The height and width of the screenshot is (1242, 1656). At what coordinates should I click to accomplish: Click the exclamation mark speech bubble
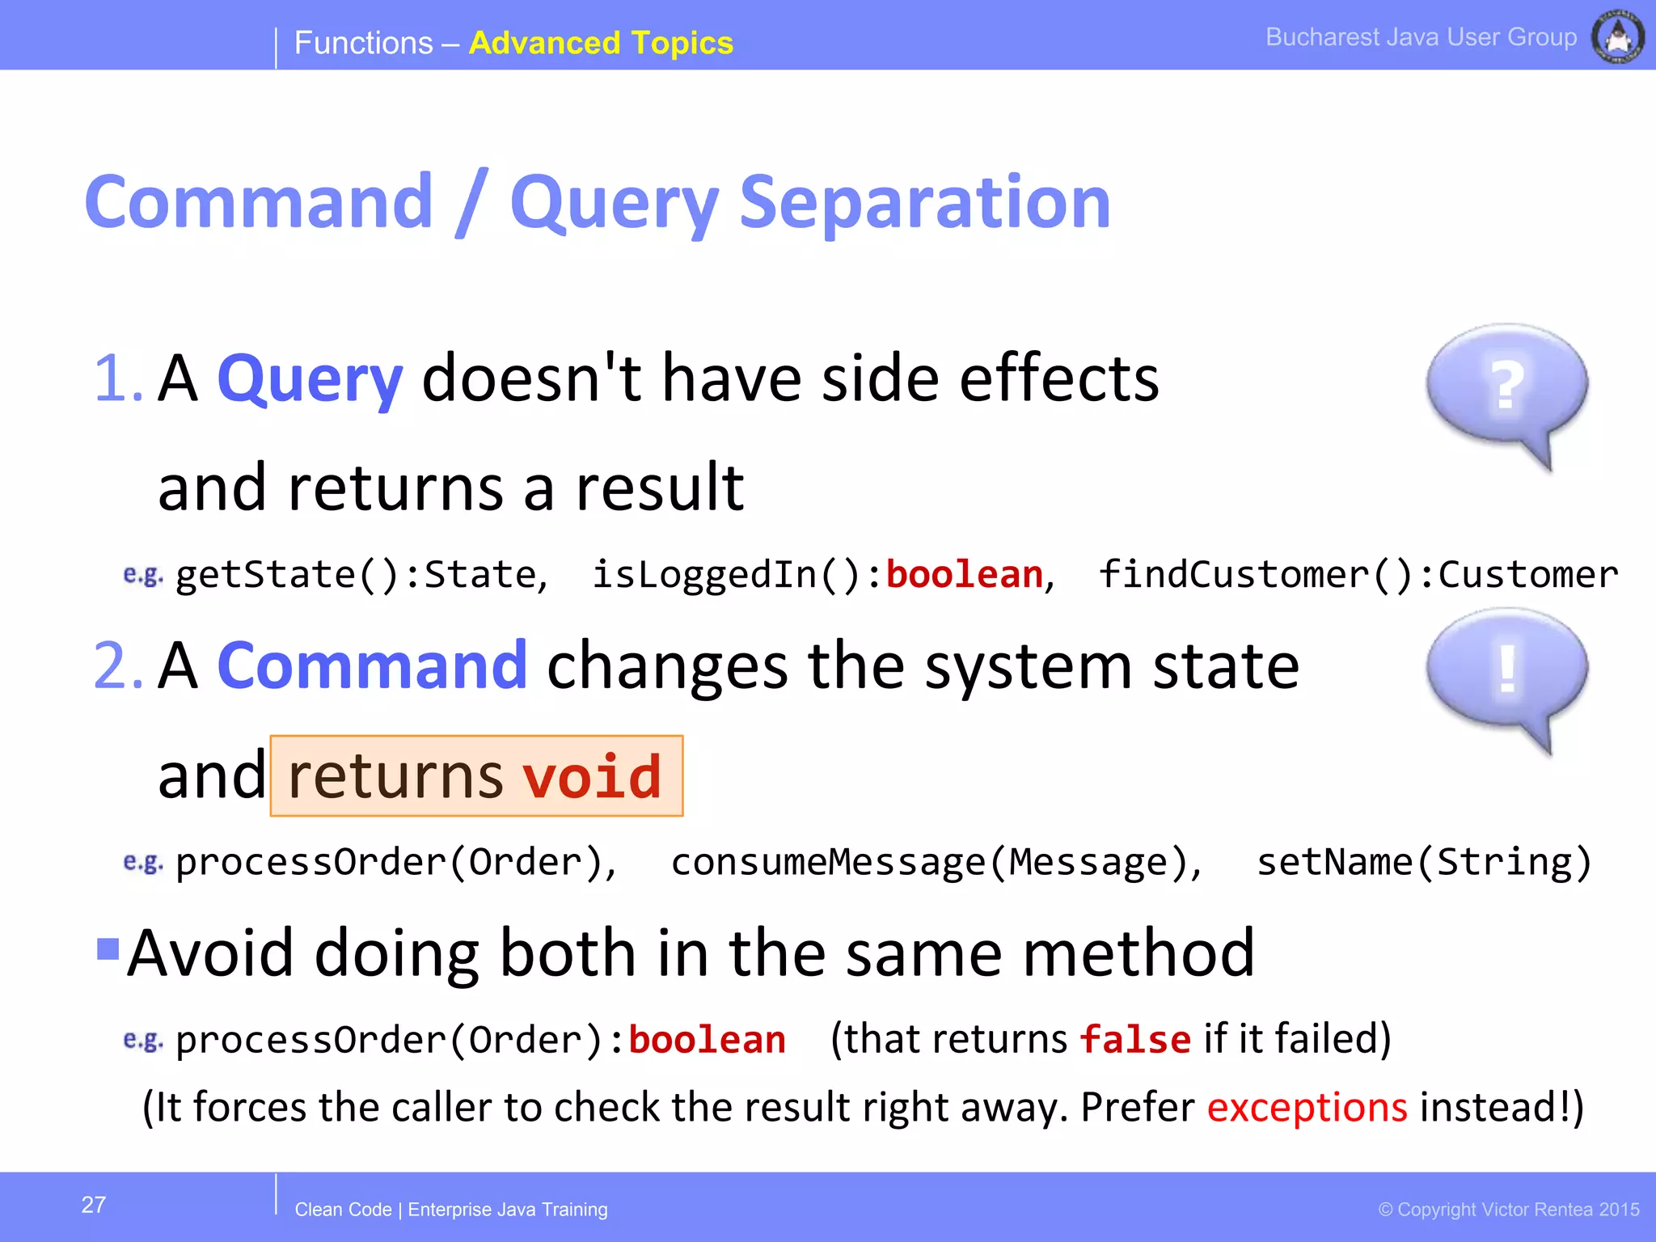[x=1506, y=671]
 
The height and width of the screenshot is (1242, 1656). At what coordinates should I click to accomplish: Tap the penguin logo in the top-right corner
[x=1617, y=37]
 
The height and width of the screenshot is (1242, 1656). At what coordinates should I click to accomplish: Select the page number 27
[x=94, y=1205]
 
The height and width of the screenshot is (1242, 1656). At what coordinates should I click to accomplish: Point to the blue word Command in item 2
[x=372, y=665]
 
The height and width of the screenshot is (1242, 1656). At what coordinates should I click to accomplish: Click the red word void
[x=592, y=776]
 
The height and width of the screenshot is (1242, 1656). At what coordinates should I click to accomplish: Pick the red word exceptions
[x=1307, y=1107]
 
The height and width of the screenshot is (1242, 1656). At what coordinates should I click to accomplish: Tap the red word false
[x=1135, y=1039]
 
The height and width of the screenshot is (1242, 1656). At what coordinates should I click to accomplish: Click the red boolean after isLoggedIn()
[x=964, y=575]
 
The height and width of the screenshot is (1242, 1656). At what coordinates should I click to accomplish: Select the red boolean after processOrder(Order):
[x=707, y=1040]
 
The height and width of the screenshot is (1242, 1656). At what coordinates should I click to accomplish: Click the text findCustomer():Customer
[x=1358, y=575]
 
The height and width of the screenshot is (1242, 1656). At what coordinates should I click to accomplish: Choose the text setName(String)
[x=1423, y=862]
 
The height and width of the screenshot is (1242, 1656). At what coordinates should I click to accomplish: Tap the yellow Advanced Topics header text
[x=600, y=43]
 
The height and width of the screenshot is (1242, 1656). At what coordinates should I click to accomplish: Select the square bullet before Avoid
[x=108, y=948]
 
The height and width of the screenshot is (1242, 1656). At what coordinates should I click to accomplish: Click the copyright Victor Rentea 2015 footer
[x=1509, y=1210]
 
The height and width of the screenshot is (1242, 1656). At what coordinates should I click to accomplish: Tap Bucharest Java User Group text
[x=1421, y=37]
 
